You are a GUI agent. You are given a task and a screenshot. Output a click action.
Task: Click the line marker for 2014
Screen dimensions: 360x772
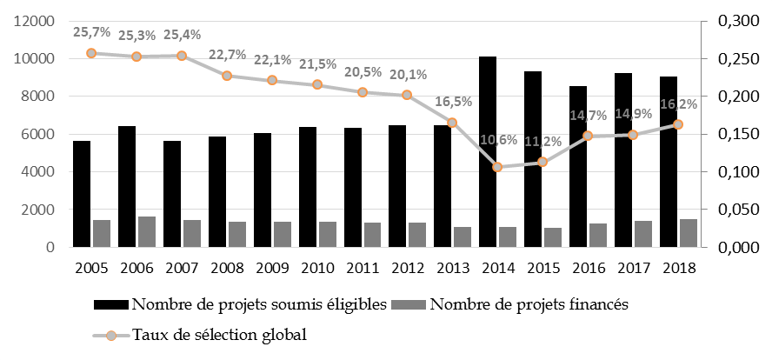(498, 167)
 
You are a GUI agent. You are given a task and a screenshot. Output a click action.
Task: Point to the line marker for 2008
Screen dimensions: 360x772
(227, 76)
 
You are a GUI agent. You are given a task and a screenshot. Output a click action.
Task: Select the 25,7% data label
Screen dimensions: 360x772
(92, 33)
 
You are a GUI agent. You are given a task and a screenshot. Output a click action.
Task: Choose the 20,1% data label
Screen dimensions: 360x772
(409, 74)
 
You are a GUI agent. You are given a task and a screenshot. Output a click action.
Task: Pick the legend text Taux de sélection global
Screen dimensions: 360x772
(219, 334)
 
